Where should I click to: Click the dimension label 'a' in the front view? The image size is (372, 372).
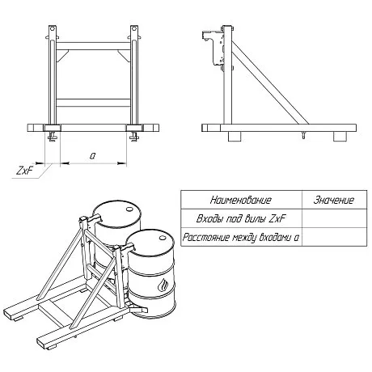pos(92,156)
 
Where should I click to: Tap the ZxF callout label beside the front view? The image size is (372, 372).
pos(24,171)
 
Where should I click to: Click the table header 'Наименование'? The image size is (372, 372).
pos(241,200)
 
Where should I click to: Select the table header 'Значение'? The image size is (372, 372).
pos(334,200)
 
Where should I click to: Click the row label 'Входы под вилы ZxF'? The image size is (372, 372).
pos(241,218)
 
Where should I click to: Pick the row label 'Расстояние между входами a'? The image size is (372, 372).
pos(241,237)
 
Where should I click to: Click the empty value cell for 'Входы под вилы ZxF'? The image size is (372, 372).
pos(334,218)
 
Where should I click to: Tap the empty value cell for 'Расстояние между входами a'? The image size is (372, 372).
pos(334,237)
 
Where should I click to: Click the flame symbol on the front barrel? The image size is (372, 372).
pos(163,285)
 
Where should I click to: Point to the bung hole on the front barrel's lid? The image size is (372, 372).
pos(163,238)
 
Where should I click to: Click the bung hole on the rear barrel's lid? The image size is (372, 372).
pos(129,209)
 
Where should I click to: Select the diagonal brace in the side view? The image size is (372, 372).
pos(269,82)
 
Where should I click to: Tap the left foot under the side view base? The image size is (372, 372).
pos(234,137)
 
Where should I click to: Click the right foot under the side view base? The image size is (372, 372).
pos(340,137)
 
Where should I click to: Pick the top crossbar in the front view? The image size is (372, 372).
pos(93,46)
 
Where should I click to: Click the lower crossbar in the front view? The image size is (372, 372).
pos(93,103)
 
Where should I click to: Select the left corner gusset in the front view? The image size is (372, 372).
pos(62,56)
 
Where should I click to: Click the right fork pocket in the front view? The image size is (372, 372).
pos(134,128)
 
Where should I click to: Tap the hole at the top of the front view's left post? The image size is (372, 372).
pos(53,28)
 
